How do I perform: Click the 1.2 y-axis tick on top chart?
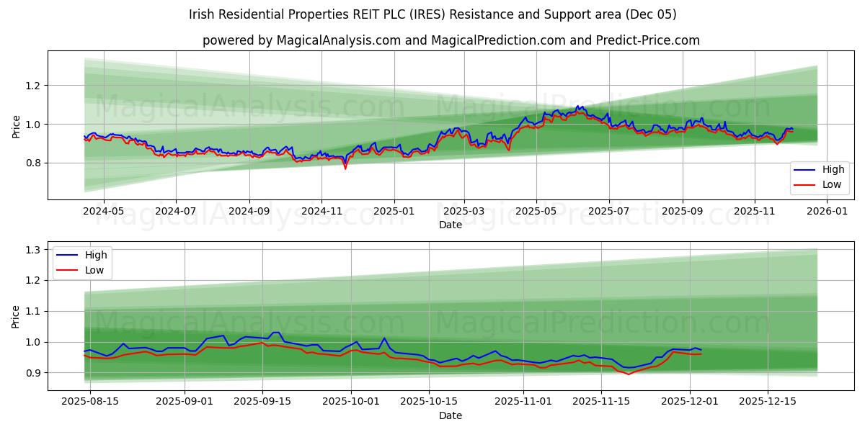point(33,86)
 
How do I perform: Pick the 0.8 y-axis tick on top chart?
point(33,163)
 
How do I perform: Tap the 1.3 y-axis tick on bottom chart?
point(33,250)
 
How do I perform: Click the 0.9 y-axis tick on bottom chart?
point(33,373)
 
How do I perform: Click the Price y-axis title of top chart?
point(17,125)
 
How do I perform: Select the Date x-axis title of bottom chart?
point(451,415)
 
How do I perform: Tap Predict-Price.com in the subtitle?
point(647,40)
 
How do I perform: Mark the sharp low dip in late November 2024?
point(345,168)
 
